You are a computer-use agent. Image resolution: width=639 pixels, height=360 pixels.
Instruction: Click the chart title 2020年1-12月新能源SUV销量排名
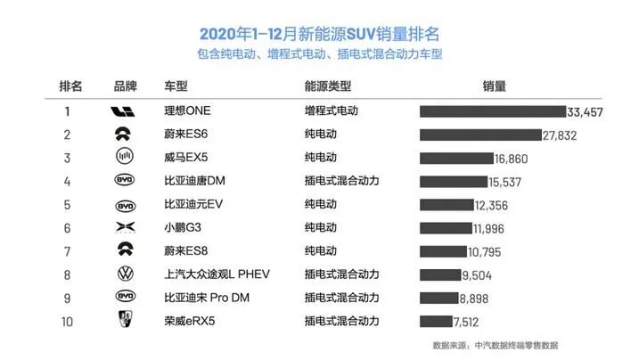[x=319, y=35]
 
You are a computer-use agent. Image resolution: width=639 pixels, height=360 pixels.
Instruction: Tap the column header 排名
[x=70, y=86]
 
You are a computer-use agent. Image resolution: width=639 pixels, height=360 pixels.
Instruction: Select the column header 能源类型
[x=327, y=86]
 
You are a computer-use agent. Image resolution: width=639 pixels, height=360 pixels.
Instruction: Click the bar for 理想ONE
[x=493, y=111]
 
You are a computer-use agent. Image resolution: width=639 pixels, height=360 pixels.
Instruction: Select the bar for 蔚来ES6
[x=480, y=135]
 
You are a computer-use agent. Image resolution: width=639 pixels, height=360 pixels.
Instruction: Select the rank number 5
[x=68, y=204]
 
